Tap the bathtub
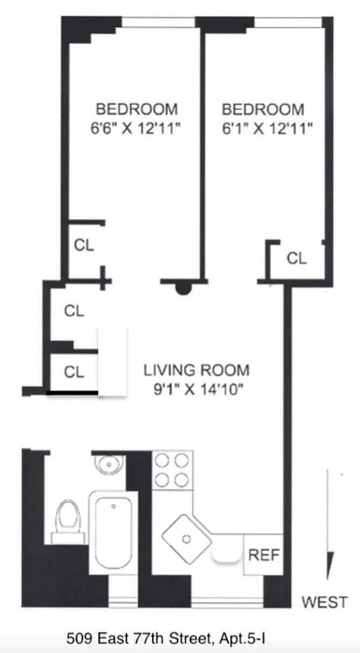113,532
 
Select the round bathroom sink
109,463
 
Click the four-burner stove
172,470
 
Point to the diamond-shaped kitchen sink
187,539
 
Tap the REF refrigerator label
263,555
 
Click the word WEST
325,602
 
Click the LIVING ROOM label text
197,370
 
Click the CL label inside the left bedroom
84,245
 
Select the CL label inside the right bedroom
297,258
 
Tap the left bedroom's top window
158,22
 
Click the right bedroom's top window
289,22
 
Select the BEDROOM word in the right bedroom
263,109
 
